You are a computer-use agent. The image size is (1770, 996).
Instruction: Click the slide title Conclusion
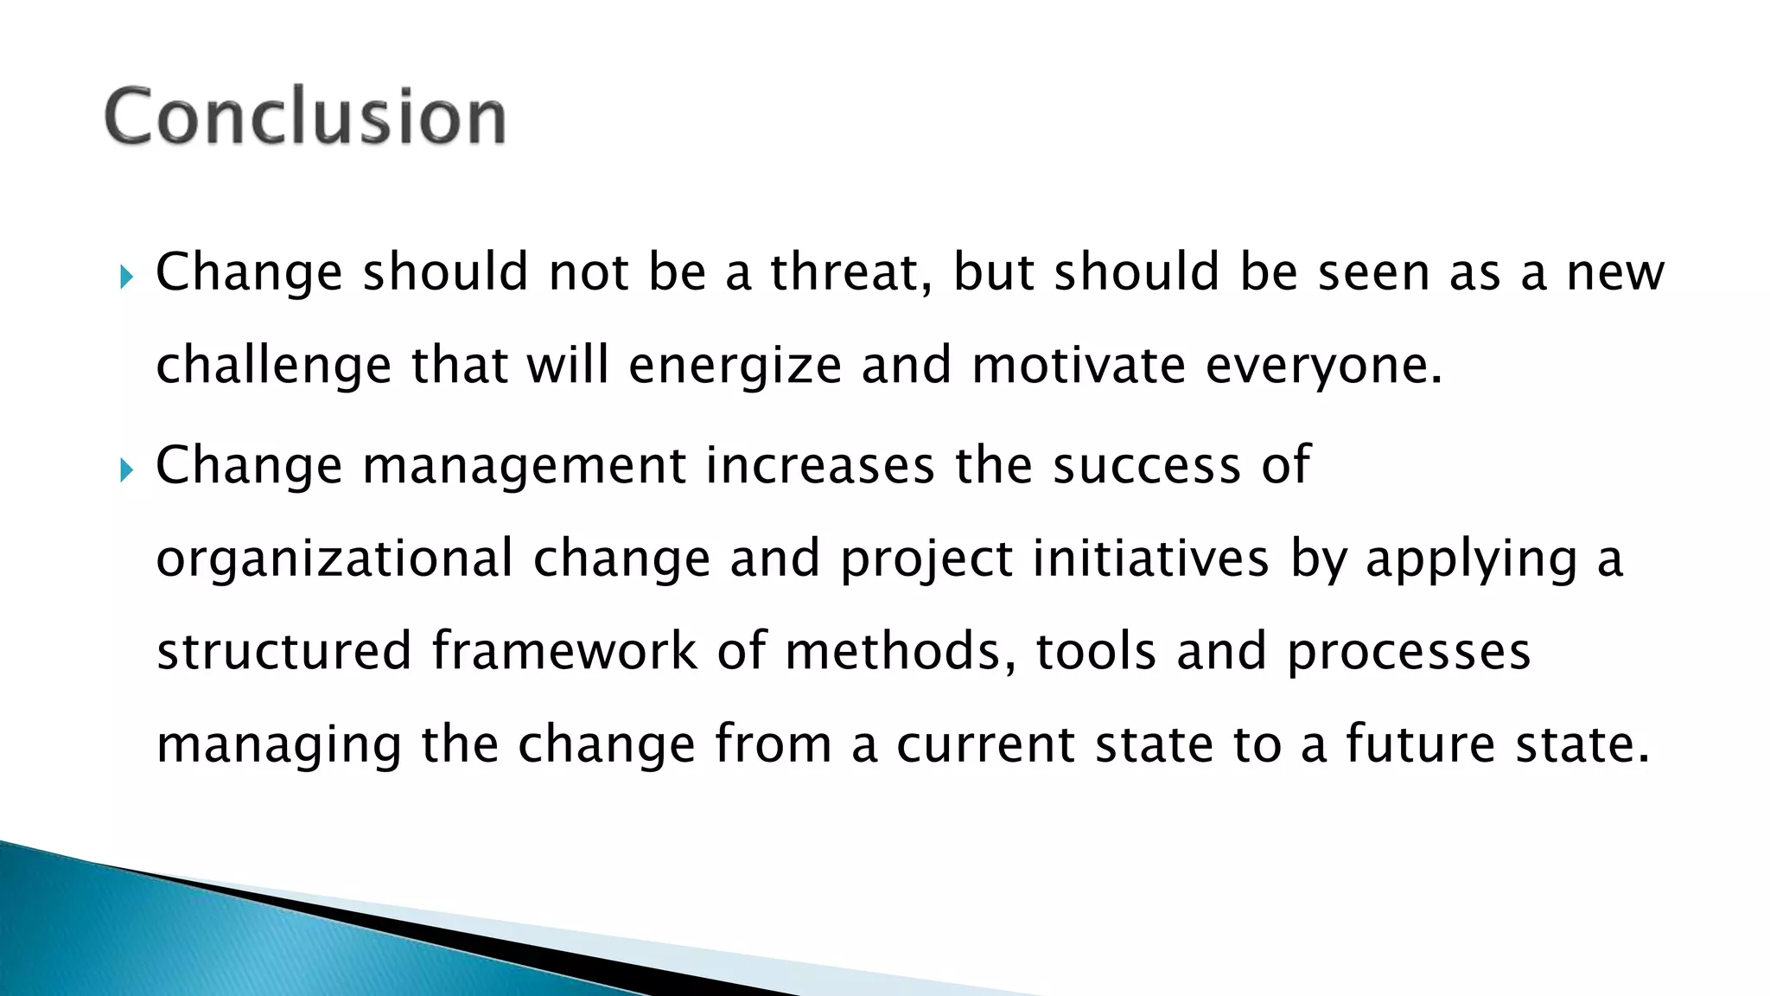(305, 117)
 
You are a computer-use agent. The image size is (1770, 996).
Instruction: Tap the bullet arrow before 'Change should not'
(126, 278)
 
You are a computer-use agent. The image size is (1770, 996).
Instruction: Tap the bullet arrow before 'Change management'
(126, 470)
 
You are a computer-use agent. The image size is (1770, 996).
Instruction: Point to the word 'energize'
(735, 365)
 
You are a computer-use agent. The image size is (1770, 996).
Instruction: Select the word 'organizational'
(335, 559)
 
